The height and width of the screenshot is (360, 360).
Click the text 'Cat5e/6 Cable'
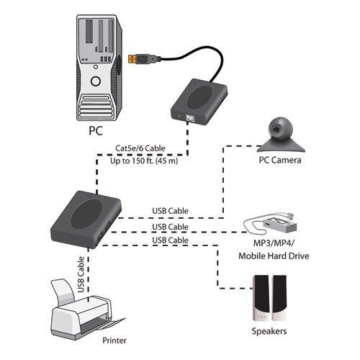point(140,149)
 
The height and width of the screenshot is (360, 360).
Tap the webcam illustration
point(280,132)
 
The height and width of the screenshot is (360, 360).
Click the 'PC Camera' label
point(280,160)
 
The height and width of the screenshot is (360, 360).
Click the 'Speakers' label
point(269,331)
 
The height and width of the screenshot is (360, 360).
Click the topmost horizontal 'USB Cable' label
point(171,211)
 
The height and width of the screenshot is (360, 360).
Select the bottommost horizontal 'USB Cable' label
point(171,239)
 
